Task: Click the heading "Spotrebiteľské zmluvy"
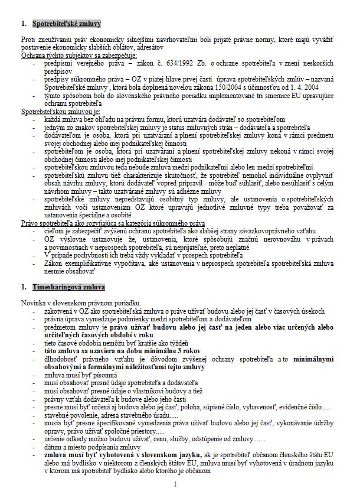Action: pyautogui.click(x=66, y=24)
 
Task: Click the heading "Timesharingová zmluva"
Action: pyautogui.click(x=68, y=288)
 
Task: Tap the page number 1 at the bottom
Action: pyautogui.click(x=176, y=484)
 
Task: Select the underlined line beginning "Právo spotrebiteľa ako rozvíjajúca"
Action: pyautogui.click(x=112, y=223)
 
